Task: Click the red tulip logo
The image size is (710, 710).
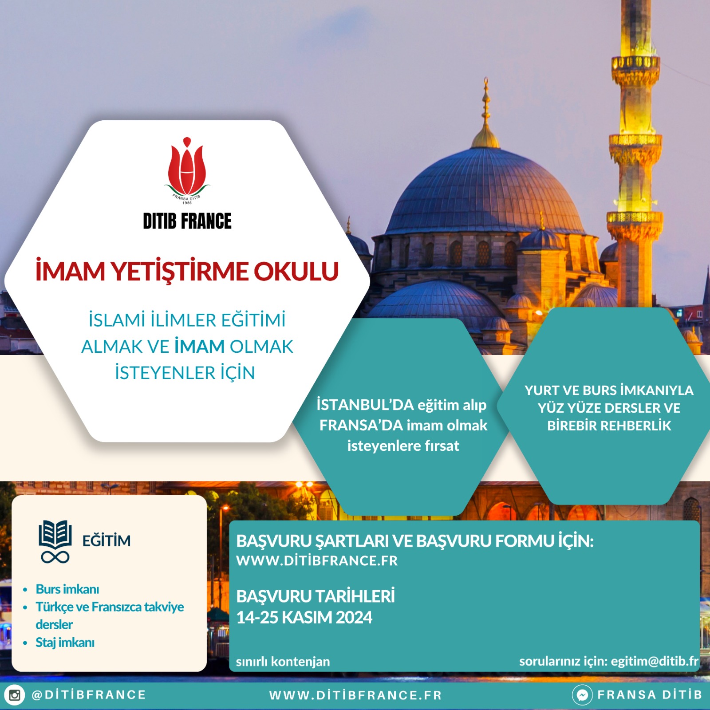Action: click(x=187, y=168)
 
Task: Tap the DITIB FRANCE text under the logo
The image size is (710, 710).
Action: click(x=187, y=221)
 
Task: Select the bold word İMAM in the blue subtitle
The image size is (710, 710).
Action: click(x=199, y=347)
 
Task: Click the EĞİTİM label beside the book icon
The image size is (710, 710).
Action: click(x=106, y=540)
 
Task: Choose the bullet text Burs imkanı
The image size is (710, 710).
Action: click(x=67, y=589)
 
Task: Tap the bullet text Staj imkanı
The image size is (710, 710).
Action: click(x=65, y=643)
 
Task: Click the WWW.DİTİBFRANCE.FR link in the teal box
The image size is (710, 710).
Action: click(x=317, y=561)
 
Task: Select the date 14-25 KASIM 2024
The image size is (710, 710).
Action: click(x=304, y=618)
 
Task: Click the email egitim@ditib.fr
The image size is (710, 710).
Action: click(x=655, y=661)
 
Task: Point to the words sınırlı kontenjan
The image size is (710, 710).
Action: click(x=283, y=662)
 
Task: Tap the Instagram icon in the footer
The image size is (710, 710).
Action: click(x=15, y=695)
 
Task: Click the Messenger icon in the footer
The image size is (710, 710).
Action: click(x=582, y=695)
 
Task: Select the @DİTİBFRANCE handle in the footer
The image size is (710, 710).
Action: click(x=89, y=695)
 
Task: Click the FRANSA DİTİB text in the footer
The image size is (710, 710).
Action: click(x=650, y=695)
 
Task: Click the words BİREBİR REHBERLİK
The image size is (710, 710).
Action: click(x=609, y=426)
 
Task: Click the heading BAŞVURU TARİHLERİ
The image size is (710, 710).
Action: click(x=316, y=596)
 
